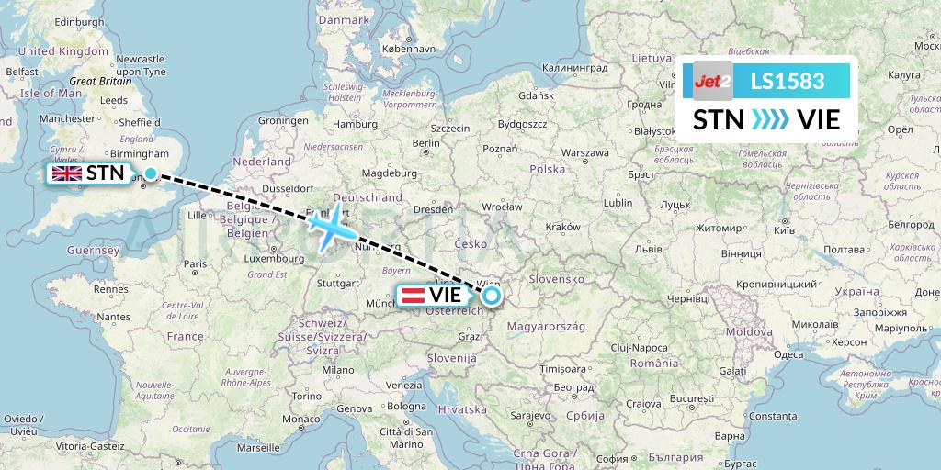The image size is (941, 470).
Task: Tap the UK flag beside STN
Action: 66,173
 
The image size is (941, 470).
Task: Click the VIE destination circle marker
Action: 492,296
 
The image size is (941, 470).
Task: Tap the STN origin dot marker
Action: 150,173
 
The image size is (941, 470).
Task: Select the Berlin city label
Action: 426,143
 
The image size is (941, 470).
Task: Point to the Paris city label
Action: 194,263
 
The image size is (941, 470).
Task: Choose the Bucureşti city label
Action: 691,400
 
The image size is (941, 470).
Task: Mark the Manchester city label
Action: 67,118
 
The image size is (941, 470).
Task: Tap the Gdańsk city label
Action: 536,95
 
